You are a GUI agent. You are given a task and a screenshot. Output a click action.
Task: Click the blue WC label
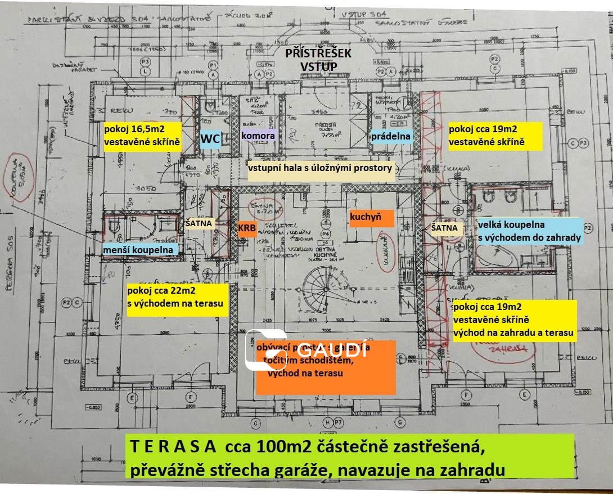click(211, 138)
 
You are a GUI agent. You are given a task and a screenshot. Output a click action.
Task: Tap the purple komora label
click(258, 136)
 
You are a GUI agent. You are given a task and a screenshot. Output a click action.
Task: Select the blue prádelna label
click(391, 136)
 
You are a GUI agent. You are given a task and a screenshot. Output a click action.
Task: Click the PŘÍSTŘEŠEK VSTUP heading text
click(318, 60)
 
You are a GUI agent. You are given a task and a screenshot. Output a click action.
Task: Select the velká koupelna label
click(529, 231)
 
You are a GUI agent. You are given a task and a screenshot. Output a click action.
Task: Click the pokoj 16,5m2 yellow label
click(142, 136)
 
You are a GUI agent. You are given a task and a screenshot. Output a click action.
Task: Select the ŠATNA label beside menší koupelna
click(199, 223)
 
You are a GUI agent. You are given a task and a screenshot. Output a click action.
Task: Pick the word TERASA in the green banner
click(173, 447)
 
